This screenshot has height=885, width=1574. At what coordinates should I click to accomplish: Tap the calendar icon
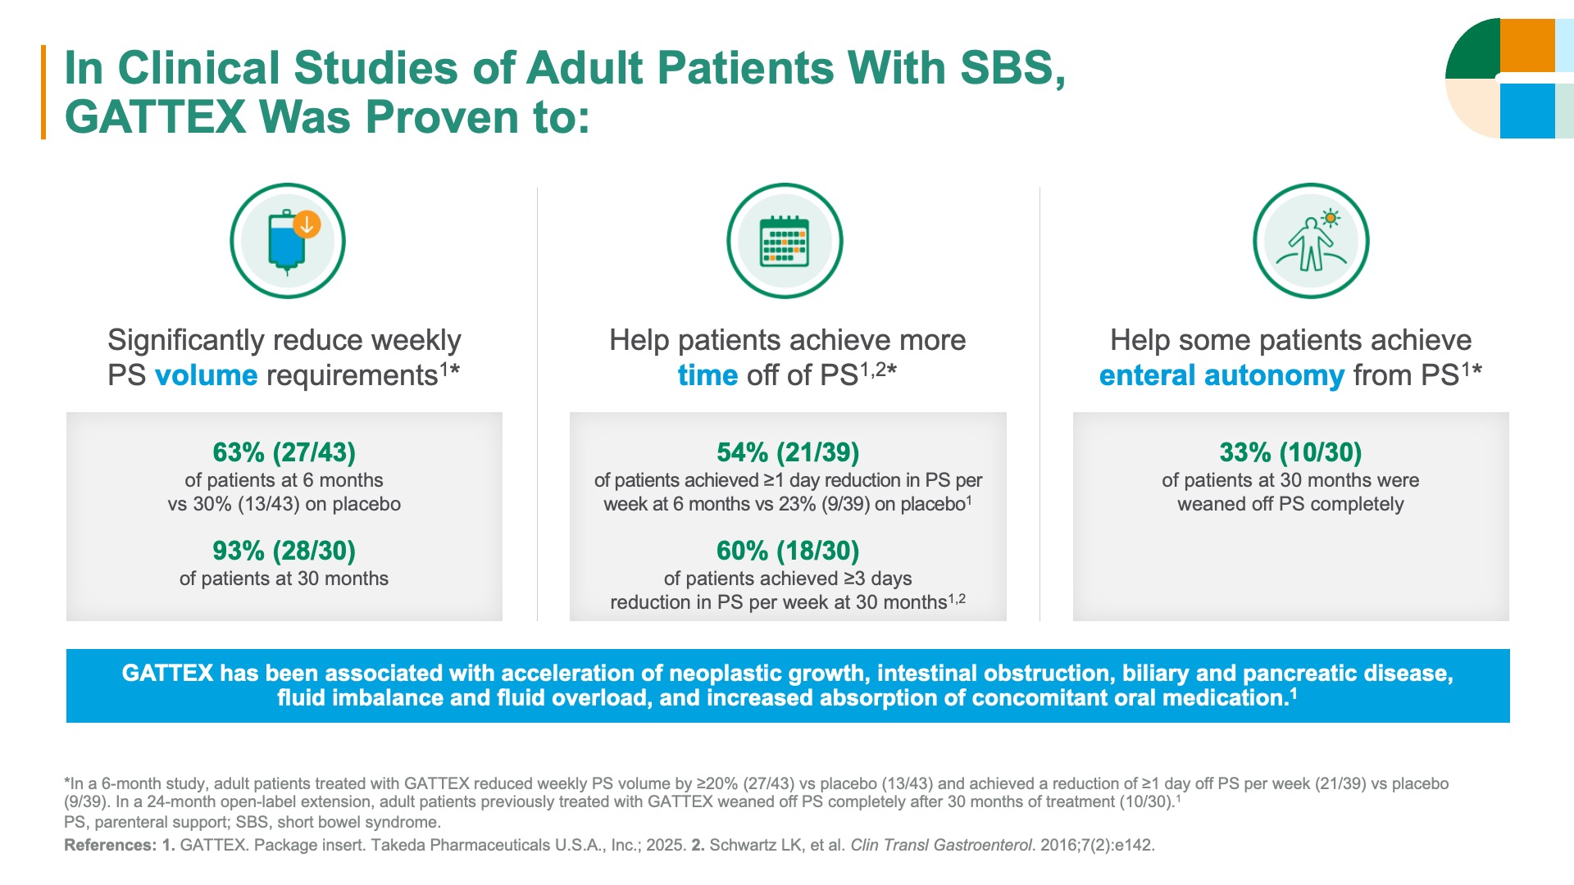pyautogui.click(x=785, y=241)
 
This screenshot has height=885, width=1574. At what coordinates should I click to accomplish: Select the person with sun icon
pyautogui.click(x=1311, y=241)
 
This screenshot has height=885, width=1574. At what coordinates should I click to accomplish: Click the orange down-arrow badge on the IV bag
pyautogui.click(x=307, y=224)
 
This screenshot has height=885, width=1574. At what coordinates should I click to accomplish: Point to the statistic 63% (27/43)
pyautogui.click(x=284, y=452)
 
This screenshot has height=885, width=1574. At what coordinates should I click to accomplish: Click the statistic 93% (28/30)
pyautogui.click(x=284, y=551)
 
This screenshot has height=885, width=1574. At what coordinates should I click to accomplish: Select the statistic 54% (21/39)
pyautogui.click(x=788, y=452)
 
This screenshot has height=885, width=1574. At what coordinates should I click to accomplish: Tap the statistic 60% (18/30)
pyautogui.click(x=788, y=551)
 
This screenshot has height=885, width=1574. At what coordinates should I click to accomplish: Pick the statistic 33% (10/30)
pyautogui.click(x=1290, y=452)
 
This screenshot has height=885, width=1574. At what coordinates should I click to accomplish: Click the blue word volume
pyautogui.click(x=206, y=375)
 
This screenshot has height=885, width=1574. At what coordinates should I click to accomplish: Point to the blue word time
pyautogui.click(x=707, y=375)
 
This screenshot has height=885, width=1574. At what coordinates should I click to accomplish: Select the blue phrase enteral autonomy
pyautogui.click(x=1221, y=375)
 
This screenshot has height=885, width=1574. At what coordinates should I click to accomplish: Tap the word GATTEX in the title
pyautogui.click(x=155, y=117)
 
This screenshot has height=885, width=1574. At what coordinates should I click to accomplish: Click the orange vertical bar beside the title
pyautogui.click(x=43, y=92)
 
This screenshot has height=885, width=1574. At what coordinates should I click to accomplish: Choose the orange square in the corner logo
pyautogui.click(x=1527, y=45)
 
